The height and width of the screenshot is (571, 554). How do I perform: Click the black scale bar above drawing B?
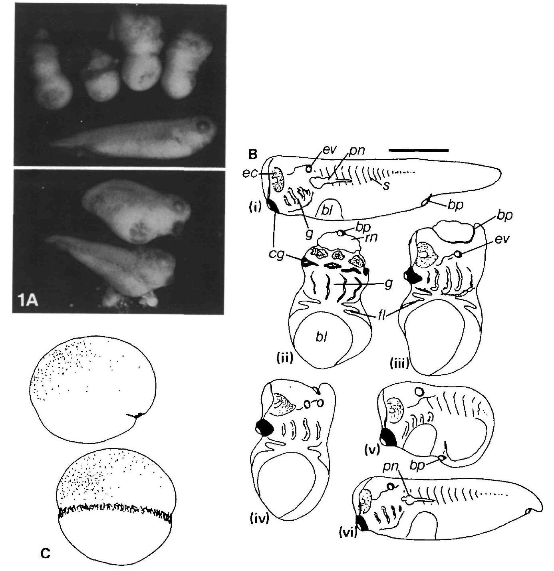click(x=418, y=150)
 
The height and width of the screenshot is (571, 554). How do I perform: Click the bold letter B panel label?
click(x=252, y=155)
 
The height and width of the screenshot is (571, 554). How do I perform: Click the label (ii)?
click(x=285, y=358)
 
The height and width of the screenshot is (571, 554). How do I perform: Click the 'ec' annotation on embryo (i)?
click(x=250, y=174)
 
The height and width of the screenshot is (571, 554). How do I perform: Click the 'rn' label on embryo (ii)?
click(x=371, y=237)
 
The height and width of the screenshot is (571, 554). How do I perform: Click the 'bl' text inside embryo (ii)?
click(x=322, y=338)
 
